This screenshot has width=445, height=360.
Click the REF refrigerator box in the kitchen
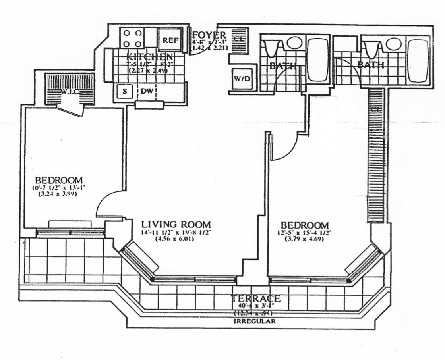(x=171, y=40)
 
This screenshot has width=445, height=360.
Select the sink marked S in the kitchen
(x=124, y=91)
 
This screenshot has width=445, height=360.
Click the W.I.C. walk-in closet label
(x=70, y=92)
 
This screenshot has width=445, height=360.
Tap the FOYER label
(x=209, y=35)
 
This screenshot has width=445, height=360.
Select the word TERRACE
(x=256, y=299)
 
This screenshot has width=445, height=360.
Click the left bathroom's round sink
(x=294, y=43)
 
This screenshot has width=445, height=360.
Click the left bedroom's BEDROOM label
(x=58, y=179)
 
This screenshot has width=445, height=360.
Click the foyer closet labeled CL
(x=238, y=39)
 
